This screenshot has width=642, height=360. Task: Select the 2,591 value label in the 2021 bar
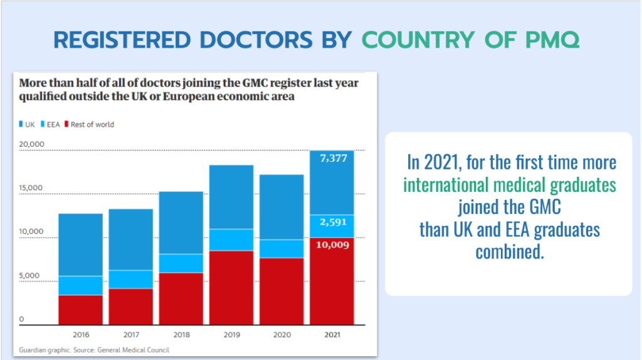[x=332, y=222]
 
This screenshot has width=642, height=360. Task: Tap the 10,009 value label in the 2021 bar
[x=332, y=245]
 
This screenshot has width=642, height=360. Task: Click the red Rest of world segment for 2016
[x=80, y=309]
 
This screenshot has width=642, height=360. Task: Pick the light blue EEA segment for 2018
[x=181, y=263]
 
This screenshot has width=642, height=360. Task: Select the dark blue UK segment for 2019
[x=231, y=196]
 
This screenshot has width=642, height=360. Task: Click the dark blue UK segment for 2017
[x=130, y=239]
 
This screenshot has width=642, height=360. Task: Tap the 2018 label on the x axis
[x=181, y=335]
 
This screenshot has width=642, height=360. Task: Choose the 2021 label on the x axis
[x=332, y=335]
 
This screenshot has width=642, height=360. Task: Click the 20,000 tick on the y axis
[x=31, y=144]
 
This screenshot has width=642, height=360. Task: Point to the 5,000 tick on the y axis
[x=28, y=275]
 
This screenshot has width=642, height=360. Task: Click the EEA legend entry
[x=51, y=124]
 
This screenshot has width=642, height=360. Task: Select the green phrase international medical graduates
[x=509, y=185]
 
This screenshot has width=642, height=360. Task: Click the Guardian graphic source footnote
[x=94, y=349]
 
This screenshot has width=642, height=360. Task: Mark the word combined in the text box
[x=509, y=251]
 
